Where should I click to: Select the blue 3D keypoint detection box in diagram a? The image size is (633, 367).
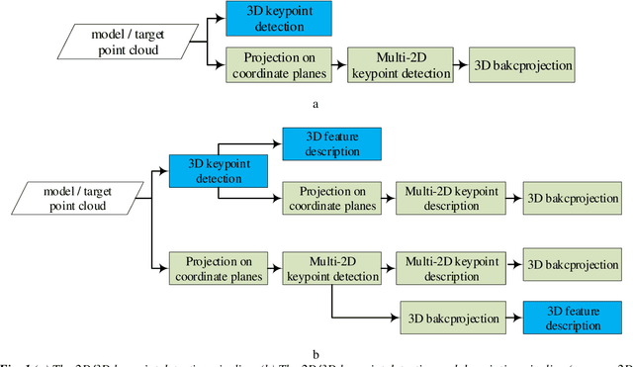coord(279,17)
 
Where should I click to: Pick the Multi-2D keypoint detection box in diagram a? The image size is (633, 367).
coord(401,62)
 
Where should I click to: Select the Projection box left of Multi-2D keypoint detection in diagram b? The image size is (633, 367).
coord(218,268)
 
